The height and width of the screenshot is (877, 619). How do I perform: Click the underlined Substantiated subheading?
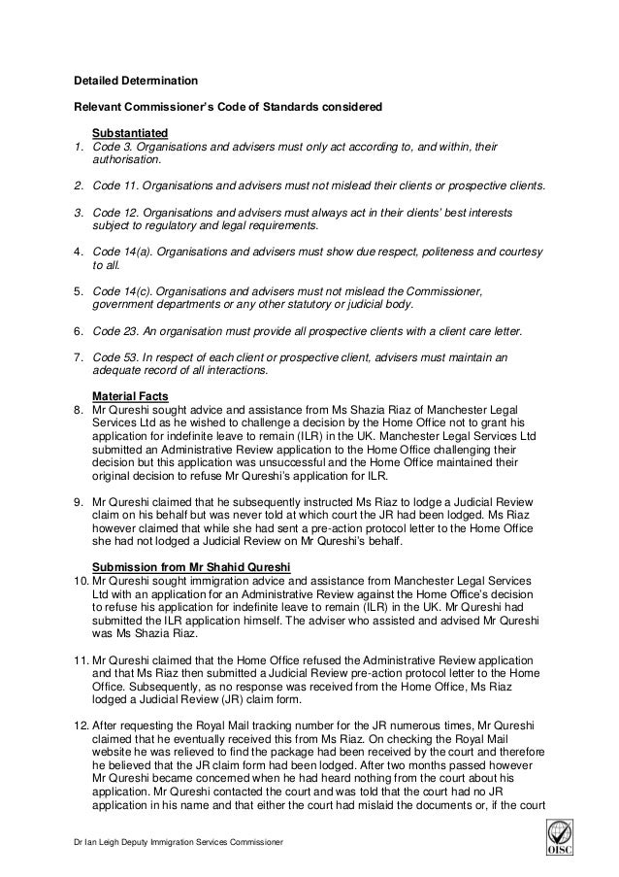[x=130, y=132]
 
